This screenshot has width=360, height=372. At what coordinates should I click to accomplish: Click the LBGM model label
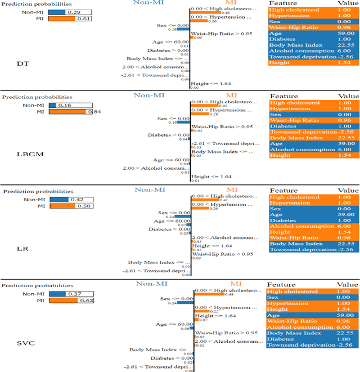26,153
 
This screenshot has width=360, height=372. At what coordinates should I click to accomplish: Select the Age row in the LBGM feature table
313,144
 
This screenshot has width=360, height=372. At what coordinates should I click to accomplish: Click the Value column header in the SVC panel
348,284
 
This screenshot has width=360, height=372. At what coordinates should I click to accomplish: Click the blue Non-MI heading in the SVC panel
152,284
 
